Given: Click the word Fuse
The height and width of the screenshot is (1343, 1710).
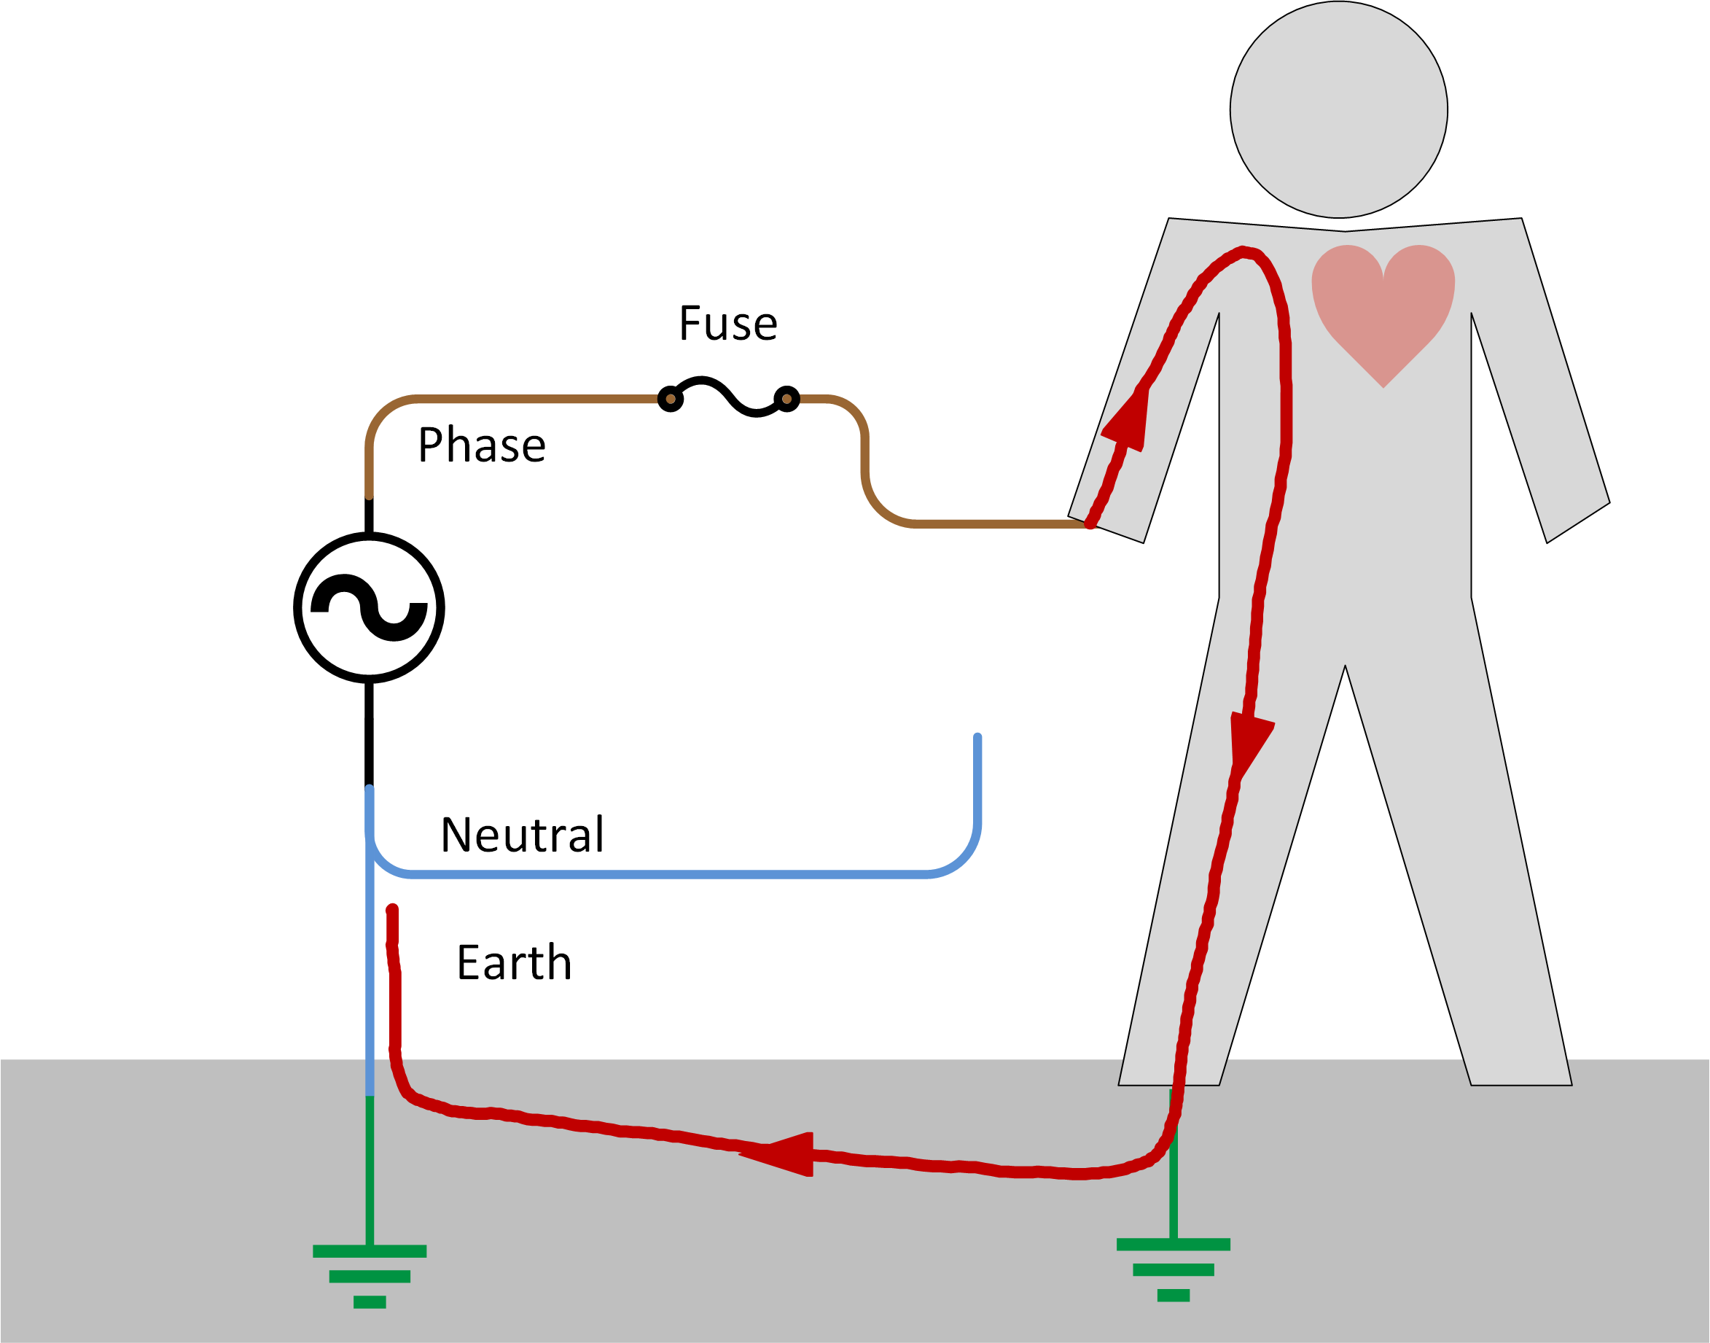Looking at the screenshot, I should tap(728, 324).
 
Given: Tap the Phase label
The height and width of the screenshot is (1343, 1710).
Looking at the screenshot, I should tap(481, 445).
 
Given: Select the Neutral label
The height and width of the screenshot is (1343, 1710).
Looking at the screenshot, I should tap(522, 835).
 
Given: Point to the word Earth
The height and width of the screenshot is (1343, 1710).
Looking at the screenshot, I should tap(514, 963).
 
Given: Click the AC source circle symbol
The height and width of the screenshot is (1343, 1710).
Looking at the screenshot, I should tap(369, 608).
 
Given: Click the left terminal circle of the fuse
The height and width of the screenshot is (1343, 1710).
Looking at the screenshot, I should tap(670, 399).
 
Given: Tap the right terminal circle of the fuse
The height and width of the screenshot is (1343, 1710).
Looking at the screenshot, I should tap(786, 399).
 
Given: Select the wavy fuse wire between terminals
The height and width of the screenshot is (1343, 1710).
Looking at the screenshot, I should tap(728, 397).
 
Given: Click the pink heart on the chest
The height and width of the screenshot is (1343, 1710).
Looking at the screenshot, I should tap(1383, 307).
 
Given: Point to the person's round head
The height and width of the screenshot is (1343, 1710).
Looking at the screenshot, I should tap(1338, 110).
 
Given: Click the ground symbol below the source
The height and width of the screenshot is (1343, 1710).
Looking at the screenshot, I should tap(369, 1274).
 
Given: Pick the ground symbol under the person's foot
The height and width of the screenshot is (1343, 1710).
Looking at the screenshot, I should tap(1172, 1267).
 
